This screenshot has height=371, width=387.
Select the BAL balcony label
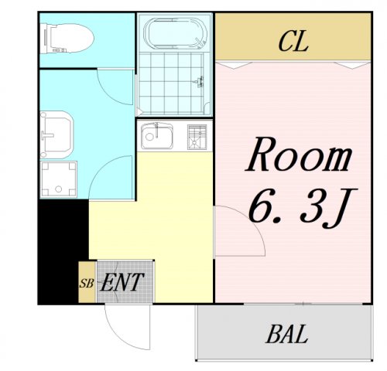(x=287, y=335)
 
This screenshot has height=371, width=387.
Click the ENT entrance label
(x=122, y=282)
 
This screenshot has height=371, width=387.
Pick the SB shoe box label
(x=87, y=283)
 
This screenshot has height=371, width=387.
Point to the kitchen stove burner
(x=198, y=137)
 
